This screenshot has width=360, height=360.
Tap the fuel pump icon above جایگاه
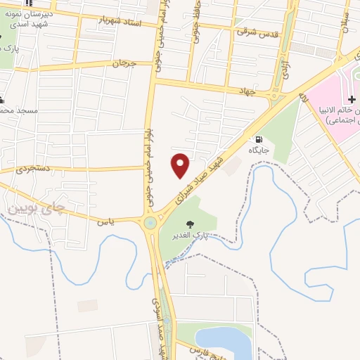click(259, 139)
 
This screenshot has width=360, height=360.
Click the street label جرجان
click(124, 63)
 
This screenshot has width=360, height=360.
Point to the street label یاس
click(106, 220)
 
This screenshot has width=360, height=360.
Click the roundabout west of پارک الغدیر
click(149, 224)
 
